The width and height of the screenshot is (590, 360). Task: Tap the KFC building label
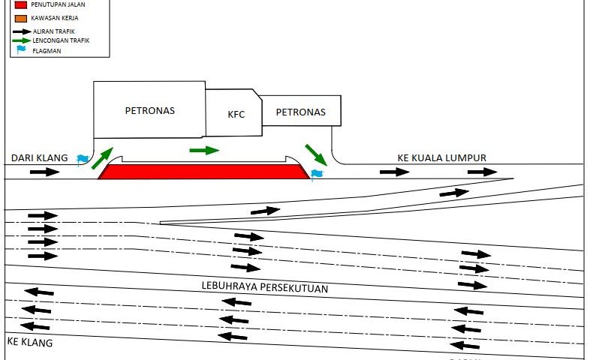point(236,115)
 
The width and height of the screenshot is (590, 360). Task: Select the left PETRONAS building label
point(149,110)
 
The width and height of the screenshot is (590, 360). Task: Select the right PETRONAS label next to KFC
point(300,112)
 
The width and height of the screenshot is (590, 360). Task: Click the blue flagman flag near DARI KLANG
point(83,160)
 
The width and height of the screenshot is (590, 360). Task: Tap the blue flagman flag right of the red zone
point(316,175)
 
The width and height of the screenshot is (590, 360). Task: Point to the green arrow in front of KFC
point(204,150)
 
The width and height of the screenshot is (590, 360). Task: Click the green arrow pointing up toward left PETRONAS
point(103,158)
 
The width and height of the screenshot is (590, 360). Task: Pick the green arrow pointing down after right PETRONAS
point(315,154)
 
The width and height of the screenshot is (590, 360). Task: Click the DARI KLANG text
point(39,158)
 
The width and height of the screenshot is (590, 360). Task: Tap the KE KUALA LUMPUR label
point(442,157)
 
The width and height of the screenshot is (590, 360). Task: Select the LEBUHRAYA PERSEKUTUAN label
point(265,287)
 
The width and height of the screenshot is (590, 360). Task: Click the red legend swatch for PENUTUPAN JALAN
point(20,4)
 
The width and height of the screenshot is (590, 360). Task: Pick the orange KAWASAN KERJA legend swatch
point(20,17)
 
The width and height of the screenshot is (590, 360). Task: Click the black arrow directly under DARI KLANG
point(44,172)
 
